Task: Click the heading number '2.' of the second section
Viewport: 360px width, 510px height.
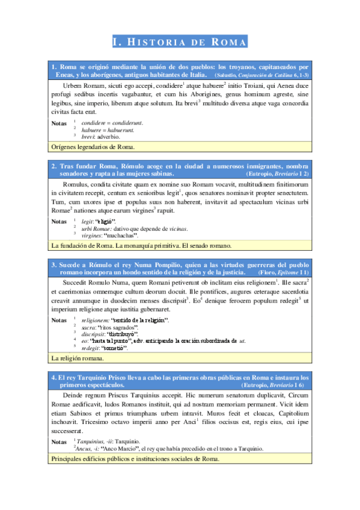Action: [54, 166]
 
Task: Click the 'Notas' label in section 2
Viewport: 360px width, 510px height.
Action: [59, 221]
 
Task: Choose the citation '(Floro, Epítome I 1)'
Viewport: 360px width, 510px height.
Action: [282, 272]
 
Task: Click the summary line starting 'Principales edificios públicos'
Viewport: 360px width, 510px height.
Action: [136, 459]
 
